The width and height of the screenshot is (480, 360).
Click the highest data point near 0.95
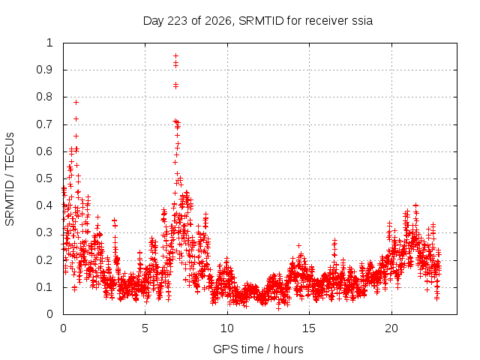(x=175, y=55)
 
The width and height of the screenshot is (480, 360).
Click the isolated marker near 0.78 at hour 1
(x=76, y=102)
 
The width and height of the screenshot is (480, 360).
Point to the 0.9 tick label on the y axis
(x=45, y=70)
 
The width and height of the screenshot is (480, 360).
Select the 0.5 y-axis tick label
(x=45, y=178)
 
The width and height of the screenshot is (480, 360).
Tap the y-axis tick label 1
(x=49, y=43)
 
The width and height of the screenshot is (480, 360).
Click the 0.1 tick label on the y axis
(x=45, y=287)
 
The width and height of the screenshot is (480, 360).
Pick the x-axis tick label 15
(x=309, y=328)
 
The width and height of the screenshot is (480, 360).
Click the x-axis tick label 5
(x=145, y=328)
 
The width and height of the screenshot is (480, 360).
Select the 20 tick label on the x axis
(x=391, y=328)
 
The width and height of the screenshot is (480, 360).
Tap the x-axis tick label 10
(x=227, y=328)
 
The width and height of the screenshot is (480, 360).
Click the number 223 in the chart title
(x=178, y=21)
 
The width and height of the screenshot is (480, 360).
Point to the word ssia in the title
(x=362, y=21)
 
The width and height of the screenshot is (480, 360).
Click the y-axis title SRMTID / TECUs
(x=10, y=179)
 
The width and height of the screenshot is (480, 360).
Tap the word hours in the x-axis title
(x=288, y=349)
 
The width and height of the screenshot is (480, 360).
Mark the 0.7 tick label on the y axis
(x=45, y=124)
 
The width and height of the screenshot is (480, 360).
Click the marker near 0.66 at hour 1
(x=76, y=136)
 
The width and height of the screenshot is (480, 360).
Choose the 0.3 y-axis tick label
(x=45, y=232)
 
